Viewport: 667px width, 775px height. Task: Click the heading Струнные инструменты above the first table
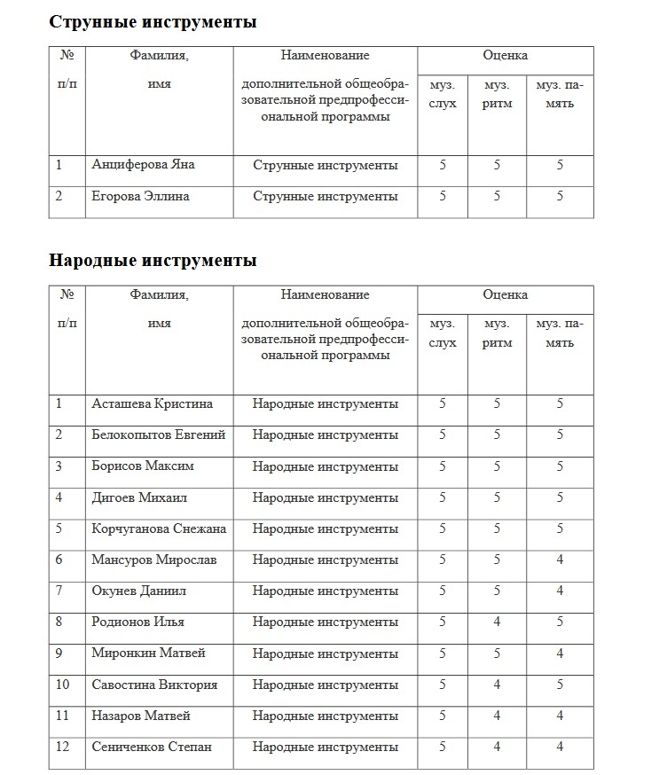coord(153,22)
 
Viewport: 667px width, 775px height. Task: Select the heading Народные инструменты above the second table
coord(153,261)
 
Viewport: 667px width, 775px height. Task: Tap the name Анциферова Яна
coord(143,165)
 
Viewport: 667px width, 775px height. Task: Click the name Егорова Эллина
coord(140,196)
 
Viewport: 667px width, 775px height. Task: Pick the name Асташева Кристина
coord(152,403)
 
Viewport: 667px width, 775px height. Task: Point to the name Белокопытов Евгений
coord(158,434)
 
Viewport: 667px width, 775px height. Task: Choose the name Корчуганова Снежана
coord(159,528)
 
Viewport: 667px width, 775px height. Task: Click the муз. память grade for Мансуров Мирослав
coord(560,560)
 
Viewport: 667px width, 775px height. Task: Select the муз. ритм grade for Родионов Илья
coord(497,622)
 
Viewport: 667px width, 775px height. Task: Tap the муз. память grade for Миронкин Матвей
coord(560,653)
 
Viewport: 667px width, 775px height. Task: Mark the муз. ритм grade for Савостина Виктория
coord(497,685)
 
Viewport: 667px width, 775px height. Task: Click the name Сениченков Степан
coord(152,747)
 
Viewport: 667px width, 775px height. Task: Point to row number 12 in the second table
coord(62,747)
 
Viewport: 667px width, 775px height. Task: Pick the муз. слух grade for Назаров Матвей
coord(443,716)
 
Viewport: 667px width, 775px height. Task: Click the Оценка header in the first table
coord(505,55)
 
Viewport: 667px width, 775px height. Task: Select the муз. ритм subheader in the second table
coord(497,333)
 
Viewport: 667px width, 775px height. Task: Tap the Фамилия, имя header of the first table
coord(159,69)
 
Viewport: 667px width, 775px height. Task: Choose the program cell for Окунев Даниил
coord(325,591)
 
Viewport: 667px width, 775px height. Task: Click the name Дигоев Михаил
coord(139,497)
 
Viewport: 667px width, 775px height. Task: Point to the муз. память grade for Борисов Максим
coord(560,466)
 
